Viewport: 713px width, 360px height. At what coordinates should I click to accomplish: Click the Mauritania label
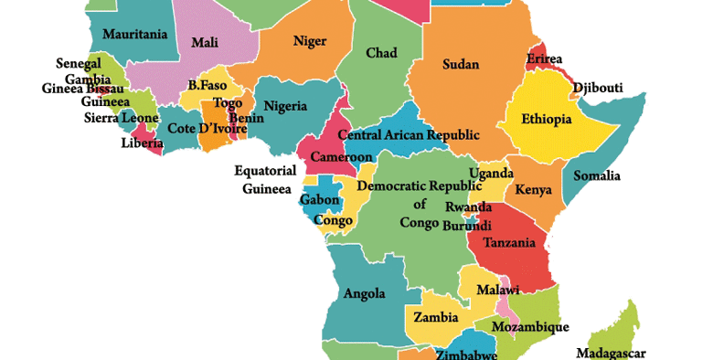pyautogui.click(x=135, y=35)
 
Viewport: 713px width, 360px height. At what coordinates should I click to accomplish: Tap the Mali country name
pyautogui.click(x=204, y=42)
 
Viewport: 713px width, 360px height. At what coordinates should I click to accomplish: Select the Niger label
pyautogui.click(x=309, y=41)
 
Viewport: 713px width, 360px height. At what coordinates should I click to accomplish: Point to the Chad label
pyautogui.click(x=381, y=53)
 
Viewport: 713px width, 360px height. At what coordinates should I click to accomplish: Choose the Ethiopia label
pyautogui.click(x=546, y=120)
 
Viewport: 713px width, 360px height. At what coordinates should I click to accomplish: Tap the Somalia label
pyautogui.click(x=596, y=175)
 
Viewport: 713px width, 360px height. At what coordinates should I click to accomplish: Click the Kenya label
pyautogui.click(x=533, y=190)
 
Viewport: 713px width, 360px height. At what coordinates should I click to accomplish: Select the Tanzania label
pyautogui.click(x=510, y=243)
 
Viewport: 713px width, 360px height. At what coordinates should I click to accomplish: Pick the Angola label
pyautogui.click(x=364, y=294)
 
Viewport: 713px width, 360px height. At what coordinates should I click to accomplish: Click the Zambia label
pyautogui.click(x=435, y=318)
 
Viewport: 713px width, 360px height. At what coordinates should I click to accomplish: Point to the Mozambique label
pyautogui.click(x=529, y=326)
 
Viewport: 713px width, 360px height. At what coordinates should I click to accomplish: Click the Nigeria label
pyautogui.click(x=285, y=107)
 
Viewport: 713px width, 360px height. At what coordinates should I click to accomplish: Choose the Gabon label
pyautogui.click(x=321, y=200)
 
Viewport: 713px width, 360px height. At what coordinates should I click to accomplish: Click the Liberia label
pyautogui.click(x=143, y=143)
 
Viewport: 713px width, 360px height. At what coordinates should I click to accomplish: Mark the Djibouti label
pyautogui.click(x=597, y=89)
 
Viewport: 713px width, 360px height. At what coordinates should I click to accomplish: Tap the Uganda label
pyautogui.click(x=490, y=174)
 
